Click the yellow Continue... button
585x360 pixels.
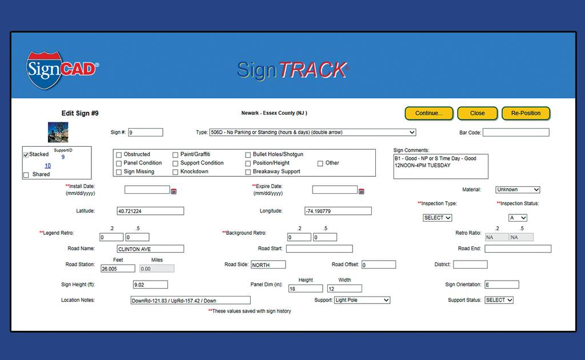click(x=428, y=113)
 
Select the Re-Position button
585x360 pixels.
click(x=526, y=113)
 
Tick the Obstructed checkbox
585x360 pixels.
click(x=119, y=155)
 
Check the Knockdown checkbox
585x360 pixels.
click(x=175, y=172)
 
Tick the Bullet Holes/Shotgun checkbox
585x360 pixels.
click(x=248, y=155)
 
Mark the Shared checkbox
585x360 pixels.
click(x=26, y=175)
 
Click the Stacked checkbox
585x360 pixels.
click(x=26, y=155)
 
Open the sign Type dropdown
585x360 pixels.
click(x=312, y=133)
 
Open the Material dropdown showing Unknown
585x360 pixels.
click(x=518, y=190)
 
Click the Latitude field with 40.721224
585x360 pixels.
click(x=150, y=211)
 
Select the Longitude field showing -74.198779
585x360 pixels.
click(x=338, y=211)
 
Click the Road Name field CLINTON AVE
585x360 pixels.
click(x=150, y=249)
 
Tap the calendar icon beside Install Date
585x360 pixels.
click(x=174, y=191)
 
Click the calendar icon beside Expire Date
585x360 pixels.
click(x=361, y=191)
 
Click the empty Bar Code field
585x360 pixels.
click(x=516, y=133)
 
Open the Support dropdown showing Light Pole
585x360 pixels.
click(x=362, y=300)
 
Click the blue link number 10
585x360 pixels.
click(x=48, y=166)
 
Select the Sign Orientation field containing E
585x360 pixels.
click(x=502, y=285)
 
